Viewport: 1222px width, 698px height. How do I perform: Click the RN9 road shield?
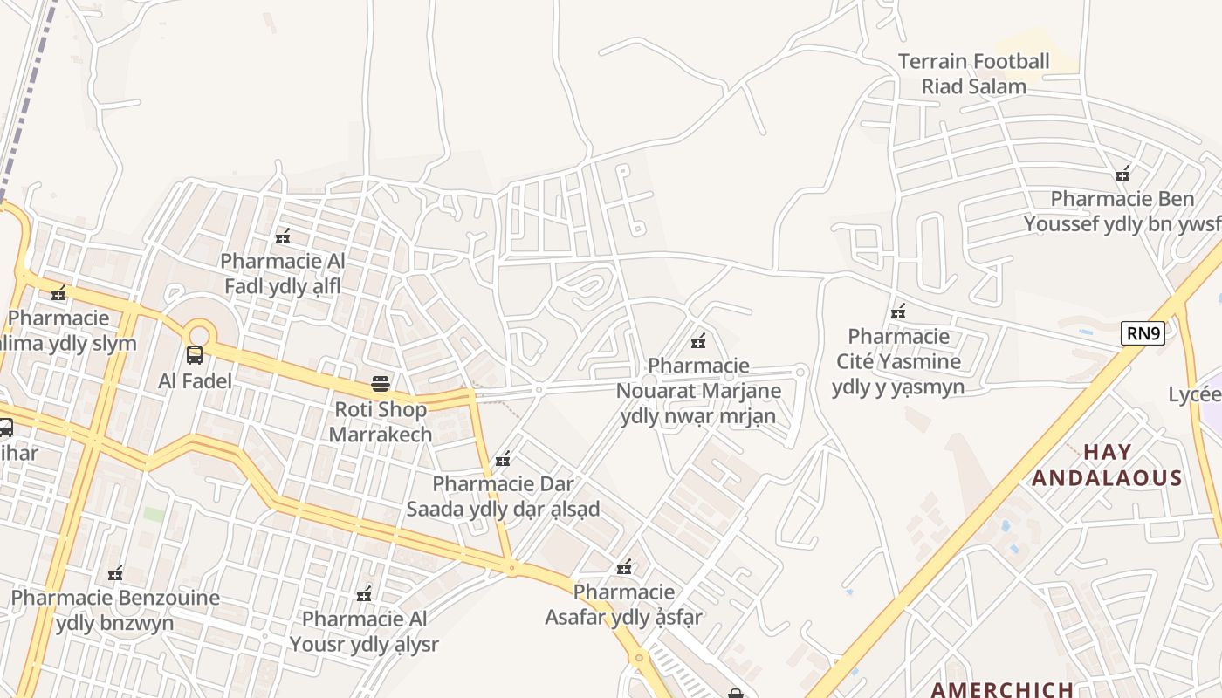tap(1143, 332)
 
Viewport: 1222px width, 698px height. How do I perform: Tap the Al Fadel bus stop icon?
tap(195, 355)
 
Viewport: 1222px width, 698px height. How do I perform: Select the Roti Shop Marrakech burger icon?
tap(380, 383)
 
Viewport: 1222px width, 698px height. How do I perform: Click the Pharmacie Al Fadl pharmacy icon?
tap(283, 236)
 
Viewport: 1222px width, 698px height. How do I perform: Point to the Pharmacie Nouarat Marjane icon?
tap(698, 340)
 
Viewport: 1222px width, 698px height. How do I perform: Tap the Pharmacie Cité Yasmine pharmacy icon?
tap(898, 311)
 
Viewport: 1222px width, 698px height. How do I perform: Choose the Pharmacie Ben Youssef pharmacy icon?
tap(1122, 174)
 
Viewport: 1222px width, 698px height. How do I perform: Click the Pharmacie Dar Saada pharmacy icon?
tap(503, 459)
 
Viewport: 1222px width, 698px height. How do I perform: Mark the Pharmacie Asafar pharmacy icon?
tap(624, 567)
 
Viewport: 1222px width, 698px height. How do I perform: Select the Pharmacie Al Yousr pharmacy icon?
tap(364, 595)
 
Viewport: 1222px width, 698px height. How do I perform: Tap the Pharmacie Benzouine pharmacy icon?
tap(114, 573)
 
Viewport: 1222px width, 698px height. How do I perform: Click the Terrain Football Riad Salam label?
tap(973, 74)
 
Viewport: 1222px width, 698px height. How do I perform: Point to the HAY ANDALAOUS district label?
tap(1107, 465)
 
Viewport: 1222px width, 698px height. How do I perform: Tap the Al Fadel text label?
tap(195, 381)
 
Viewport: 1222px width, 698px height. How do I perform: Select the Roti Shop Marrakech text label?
tap(381, 421)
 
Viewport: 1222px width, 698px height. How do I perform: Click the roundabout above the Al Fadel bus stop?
tap(199, 332)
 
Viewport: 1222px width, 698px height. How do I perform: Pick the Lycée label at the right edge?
tap(1197, 394)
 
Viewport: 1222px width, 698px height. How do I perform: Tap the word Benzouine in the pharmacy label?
tap(164, 598)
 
